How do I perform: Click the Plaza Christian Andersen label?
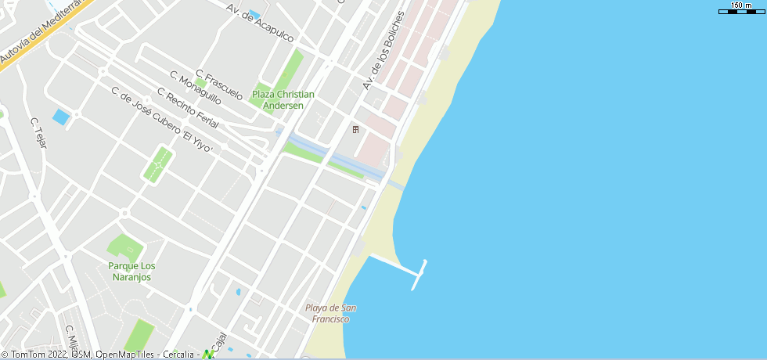click(283, 99)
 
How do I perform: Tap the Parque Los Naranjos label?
click(131, 271)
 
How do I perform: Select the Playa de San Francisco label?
click(332, 313)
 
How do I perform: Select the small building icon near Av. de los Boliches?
click(355, 129)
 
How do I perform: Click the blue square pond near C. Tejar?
click(60, 118)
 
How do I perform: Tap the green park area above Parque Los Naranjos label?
click(125, 248)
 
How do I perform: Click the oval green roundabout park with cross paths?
click(159, 165)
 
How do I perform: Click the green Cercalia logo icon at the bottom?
click(208, 354)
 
